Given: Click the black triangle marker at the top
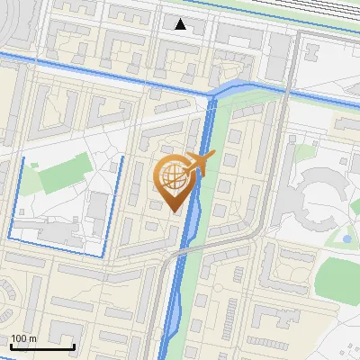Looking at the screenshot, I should pyautogui.click(x=181, y=24).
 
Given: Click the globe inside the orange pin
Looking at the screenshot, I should pyautogui.click(x=171, y=179).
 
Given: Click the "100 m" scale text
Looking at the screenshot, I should pyautogui.click(x=23, y=338).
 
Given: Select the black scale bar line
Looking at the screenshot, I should pyautogui.click(x=42, y=346).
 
